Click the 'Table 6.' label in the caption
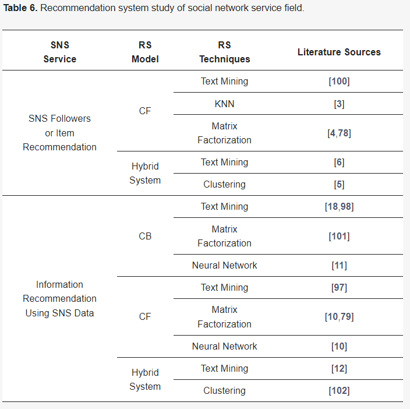pyautogui.click(x=21, y=9)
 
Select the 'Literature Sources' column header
pyautogui.click(x=339, y=52)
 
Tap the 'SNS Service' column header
pyautogui.click(x=59, y=52)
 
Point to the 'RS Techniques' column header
pyautogui.click(x=224, y=52)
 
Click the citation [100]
pyautogui.click(x=339, y=82)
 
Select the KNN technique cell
pyautogui.click(x=224, y=104)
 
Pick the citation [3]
pyautogui.click(x=339, y=104)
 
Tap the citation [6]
pyautogui.click(x=339, y=163)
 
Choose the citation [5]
pyautogui.click(x=339, y=185)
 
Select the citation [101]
pyautogui.click(x=339, y=236)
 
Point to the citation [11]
pyautogui.click(x=339, y=266)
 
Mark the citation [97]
pyautogui.click(x=339, y=288)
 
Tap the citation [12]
pyautogui.click(x=339, y=369)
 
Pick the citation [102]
pyautogui.click(x=339, y=391)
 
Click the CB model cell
pyautogui.click(x=145, y=236)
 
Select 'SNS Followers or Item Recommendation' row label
pyautogui.click(x=59, y=133)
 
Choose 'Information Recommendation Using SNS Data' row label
pyautogui.click(x=59, y=299)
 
